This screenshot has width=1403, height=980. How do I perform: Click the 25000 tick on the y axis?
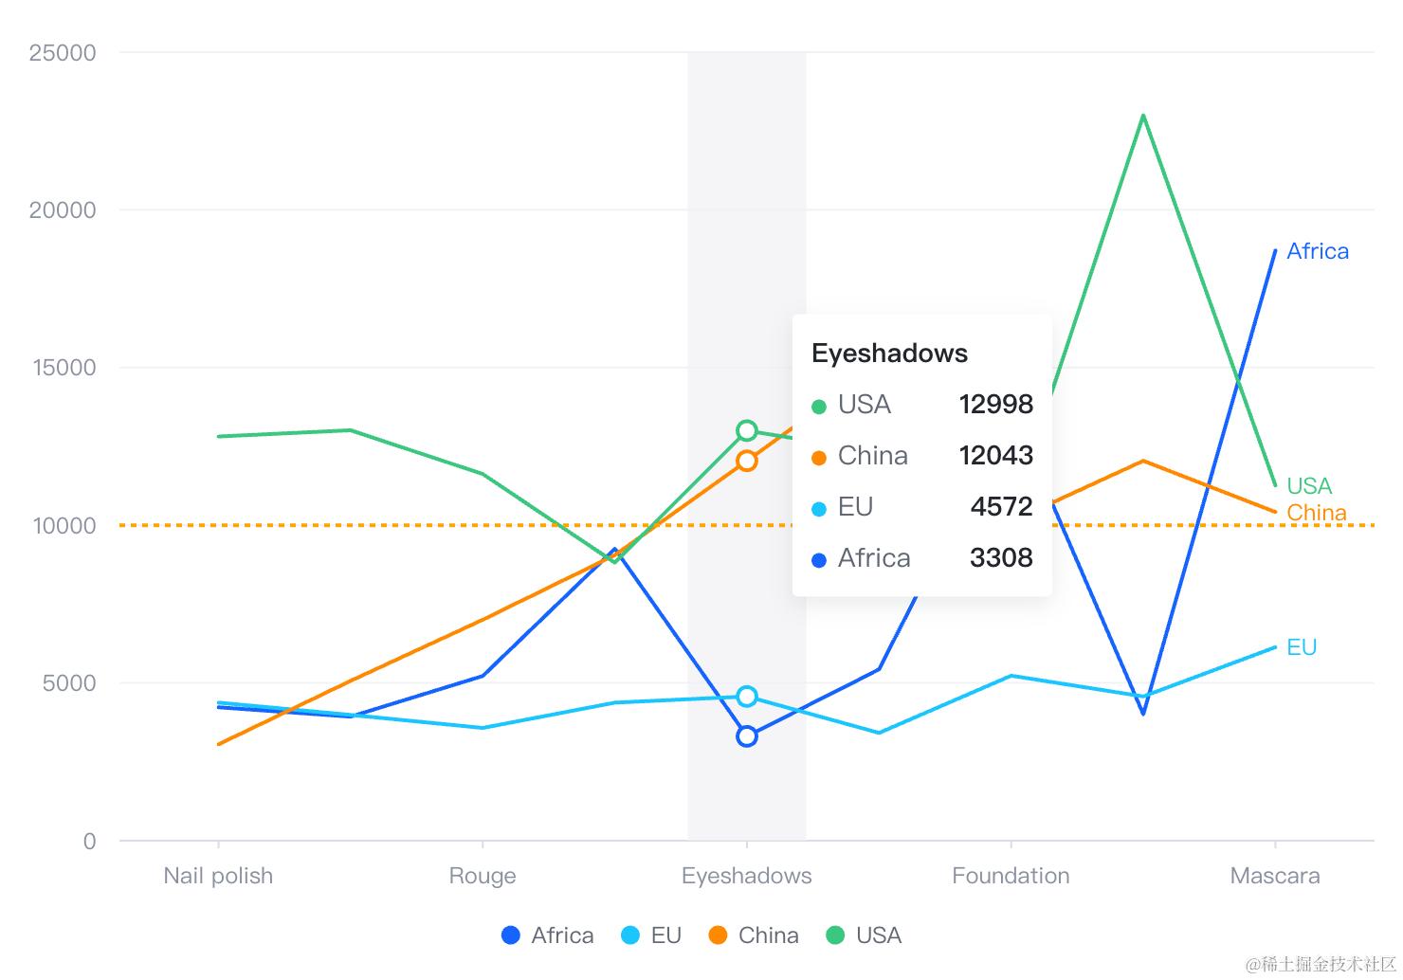coord(63,53)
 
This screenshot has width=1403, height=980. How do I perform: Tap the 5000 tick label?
coord(69,683)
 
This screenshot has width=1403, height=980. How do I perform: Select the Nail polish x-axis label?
coord(218,876)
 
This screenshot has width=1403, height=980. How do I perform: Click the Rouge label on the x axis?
coord(483,876)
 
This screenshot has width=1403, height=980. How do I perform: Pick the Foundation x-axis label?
coord(1011,876)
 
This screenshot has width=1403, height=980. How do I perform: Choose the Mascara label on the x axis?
coord(1274,876)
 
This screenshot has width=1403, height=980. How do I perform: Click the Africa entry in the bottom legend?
coord(548,935)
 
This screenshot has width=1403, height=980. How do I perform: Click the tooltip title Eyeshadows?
coord(889,354)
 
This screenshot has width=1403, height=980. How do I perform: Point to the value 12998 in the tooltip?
coord(995,405)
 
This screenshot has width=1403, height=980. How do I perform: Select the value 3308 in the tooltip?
coord(1001,558)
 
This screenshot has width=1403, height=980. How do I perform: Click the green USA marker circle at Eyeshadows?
coord(747,431)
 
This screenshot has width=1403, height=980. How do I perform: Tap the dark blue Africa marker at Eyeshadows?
coord(747,736)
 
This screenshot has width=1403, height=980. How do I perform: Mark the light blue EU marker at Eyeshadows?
coord(747,697)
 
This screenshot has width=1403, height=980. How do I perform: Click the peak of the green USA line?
coord(1143,116)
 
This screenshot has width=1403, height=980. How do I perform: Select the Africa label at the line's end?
coord(1317,251)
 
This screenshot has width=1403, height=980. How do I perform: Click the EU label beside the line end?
coord(1301,647)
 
